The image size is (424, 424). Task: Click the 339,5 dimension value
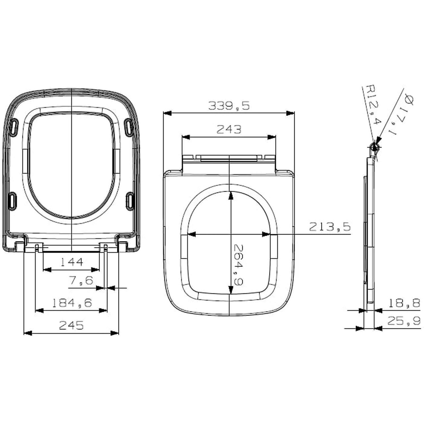[229, 106]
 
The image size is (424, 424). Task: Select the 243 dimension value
[229, 129]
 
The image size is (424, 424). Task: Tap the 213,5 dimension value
[330, 227]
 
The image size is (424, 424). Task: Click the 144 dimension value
[72, 262]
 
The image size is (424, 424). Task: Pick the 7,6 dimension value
[81, 280]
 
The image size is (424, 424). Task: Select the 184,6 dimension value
[72, 303]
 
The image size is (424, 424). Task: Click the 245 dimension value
[71, 325]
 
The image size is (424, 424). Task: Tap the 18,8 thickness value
[404, 303]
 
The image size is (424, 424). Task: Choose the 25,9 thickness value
[404, 321]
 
